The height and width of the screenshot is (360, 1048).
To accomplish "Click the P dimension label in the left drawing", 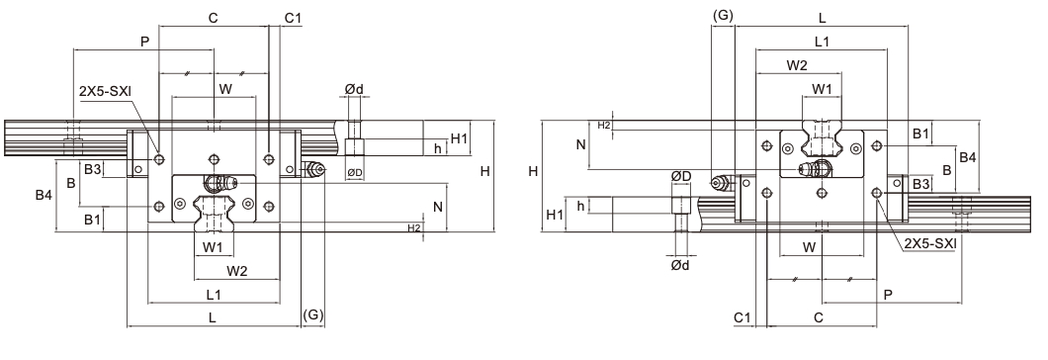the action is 144,42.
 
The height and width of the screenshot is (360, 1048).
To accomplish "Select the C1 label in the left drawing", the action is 293,18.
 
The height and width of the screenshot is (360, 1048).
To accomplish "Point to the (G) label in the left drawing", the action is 312,315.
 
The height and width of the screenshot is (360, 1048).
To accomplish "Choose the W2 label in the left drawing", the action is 236,271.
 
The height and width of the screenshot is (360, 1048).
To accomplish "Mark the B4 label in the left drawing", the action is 44,196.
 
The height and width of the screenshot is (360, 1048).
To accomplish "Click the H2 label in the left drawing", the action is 414,228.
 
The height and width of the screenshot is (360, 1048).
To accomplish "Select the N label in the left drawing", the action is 438,207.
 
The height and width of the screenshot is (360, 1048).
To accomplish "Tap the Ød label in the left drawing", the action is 354,89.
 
